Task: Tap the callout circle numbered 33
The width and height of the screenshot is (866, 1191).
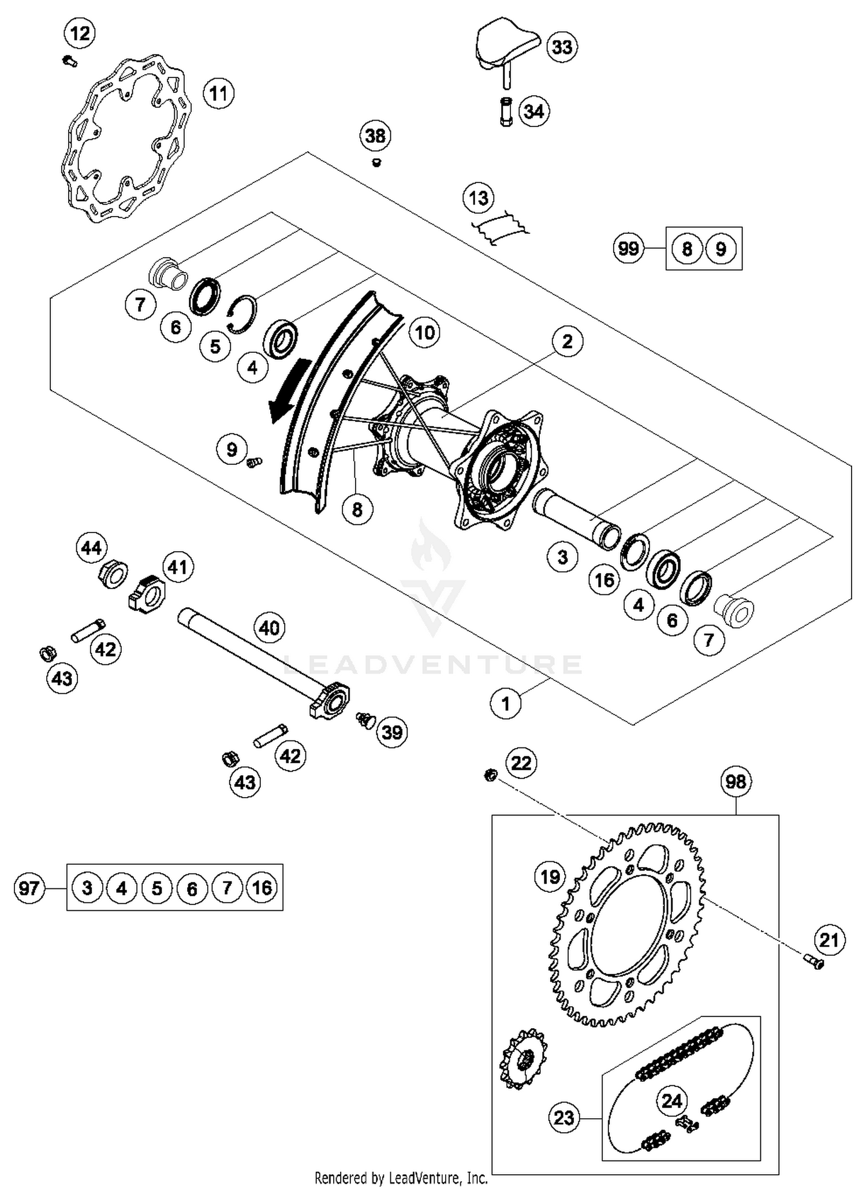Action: point(562,47)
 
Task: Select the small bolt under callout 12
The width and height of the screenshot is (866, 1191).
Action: point(70,59)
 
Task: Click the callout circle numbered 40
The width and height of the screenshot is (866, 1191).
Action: point(270,627)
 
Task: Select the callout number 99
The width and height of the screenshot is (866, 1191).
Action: point(628,248)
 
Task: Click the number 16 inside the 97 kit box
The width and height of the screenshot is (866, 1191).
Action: point(262,887)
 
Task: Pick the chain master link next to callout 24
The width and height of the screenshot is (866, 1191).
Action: point(687,1123)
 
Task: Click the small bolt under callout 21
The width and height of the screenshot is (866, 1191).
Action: point(815,962)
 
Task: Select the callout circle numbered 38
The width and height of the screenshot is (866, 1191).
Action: point(376,136)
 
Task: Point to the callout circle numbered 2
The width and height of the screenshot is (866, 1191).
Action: point(567,341)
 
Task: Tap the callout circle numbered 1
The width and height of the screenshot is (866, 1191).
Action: point(506,704)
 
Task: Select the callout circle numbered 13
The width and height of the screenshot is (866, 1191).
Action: point(479,198)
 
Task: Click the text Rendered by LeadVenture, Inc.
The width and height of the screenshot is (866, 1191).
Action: point(401,1177)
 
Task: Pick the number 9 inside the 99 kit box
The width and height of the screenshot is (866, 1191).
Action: point(721,248)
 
